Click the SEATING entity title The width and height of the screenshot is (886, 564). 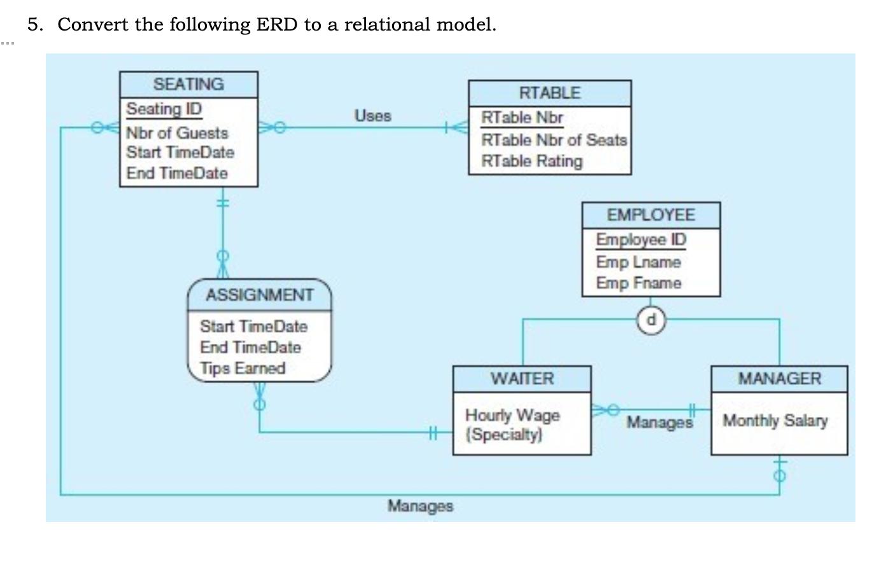tap(188, 84)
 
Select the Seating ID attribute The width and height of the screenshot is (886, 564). tap(164, 109)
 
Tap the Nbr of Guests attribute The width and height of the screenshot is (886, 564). tap(177, 133)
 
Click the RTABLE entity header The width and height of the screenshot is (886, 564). tap(550, 94)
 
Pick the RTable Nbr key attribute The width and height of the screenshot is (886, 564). tap(522, 118)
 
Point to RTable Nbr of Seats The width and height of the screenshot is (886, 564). tap(554, 140)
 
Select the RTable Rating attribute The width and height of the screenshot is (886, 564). tap(532, 161)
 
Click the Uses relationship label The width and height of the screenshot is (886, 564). tap(372, 116)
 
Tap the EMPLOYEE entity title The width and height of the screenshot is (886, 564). tap(651, 215)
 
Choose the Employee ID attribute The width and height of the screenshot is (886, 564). tap(641, 240)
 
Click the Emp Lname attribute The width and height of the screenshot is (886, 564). tap(638, 262)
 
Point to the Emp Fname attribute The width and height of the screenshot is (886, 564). tap(639, 283)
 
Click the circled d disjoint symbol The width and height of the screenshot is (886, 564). tap(651, 320)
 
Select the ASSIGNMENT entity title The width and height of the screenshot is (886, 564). tap(260, 295)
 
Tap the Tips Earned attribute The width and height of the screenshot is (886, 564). tap(243, 368)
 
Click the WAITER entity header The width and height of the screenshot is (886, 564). tap(522, 379)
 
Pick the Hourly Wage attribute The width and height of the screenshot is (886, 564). tap(512, 415)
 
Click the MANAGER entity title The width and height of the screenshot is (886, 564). tap(780, 379)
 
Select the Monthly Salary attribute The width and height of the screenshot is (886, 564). tap(775, 420)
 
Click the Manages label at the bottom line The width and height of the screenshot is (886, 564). tap(420, 506)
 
